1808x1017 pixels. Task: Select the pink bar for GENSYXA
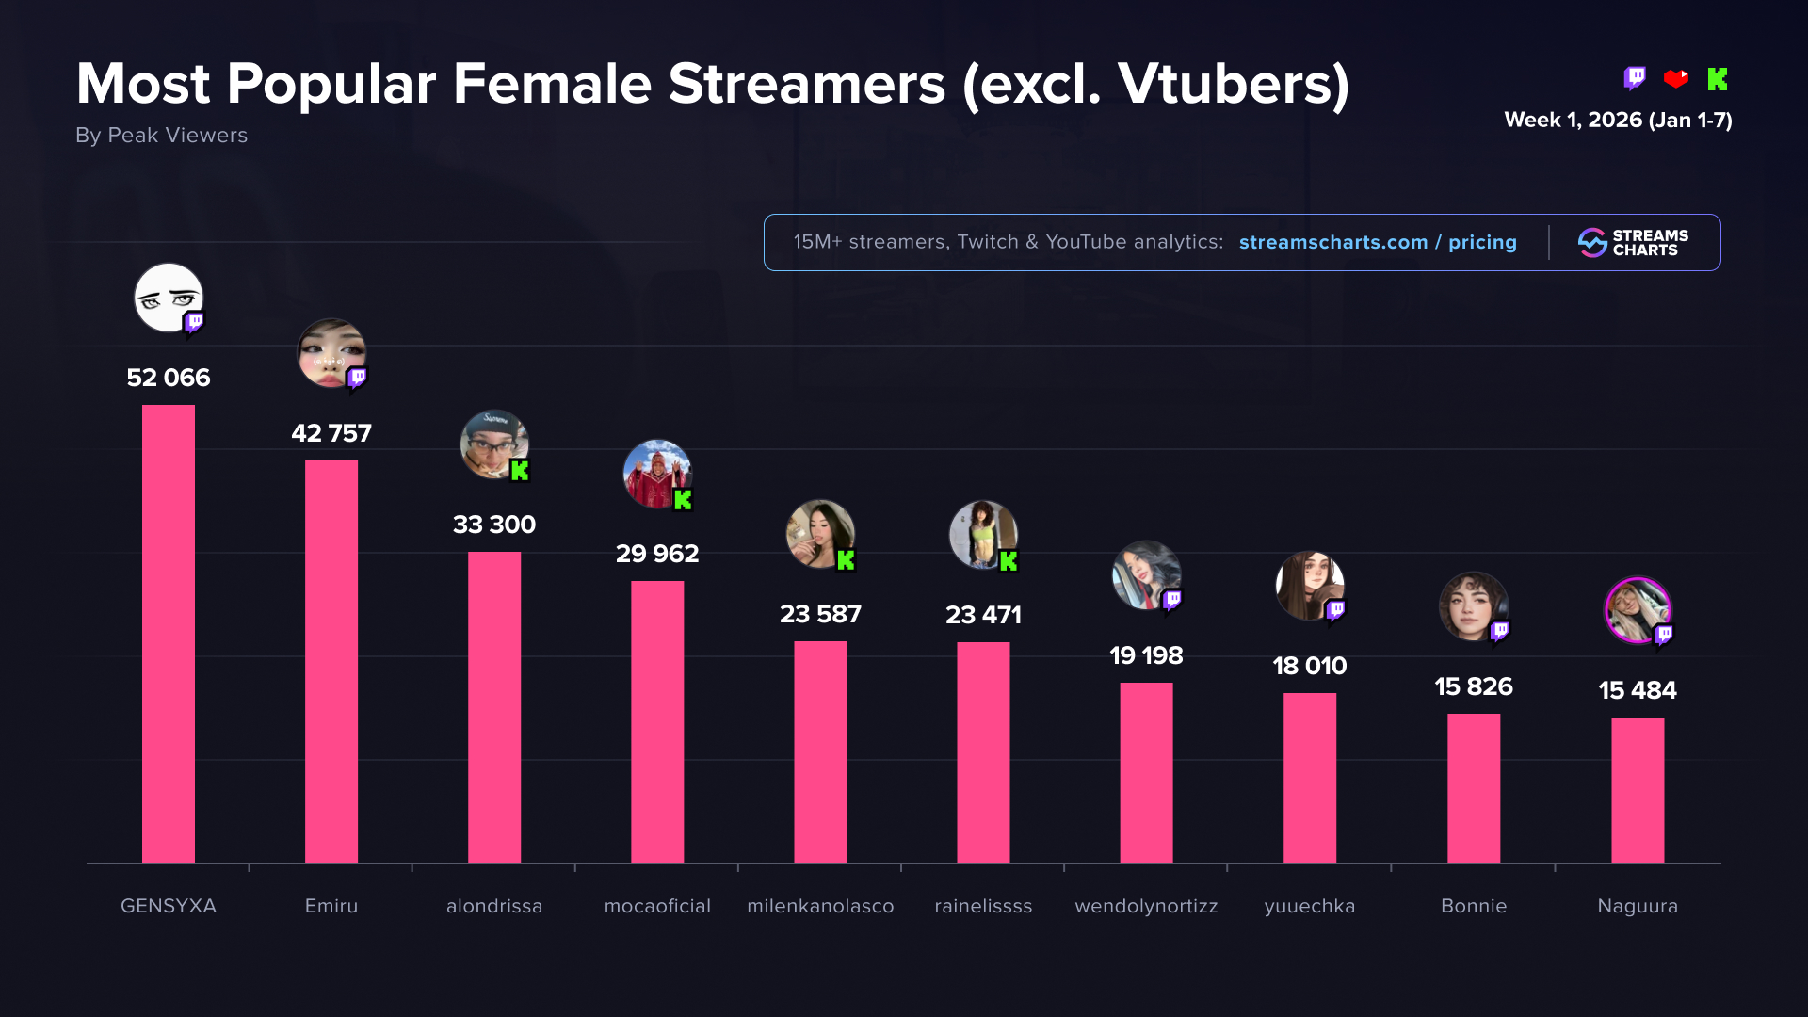169,633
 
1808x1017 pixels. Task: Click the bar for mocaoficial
657,721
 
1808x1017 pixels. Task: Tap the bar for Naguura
1638,789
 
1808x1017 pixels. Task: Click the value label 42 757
331,433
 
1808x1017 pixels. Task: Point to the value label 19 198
1146,655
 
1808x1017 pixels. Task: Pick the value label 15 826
1474,686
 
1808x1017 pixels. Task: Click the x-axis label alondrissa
494,906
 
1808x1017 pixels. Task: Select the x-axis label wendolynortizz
1146,906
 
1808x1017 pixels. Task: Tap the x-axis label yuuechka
1309,906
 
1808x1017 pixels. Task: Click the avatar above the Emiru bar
330,352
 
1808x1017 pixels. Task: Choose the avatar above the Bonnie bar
1472,605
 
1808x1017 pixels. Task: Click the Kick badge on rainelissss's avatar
1009,561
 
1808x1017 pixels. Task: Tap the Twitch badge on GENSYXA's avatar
194,323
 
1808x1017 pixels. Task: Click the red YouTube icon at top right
1676,79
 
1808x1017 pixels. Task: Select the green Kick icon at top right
1718,79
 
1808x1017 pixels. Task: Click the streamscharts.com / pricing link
1378,242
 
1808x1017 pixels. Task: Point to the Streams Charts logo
1634,243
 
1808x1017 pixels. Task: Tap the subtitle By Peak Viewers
162,136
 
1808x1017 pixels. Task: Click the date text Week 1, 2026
1573,121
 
